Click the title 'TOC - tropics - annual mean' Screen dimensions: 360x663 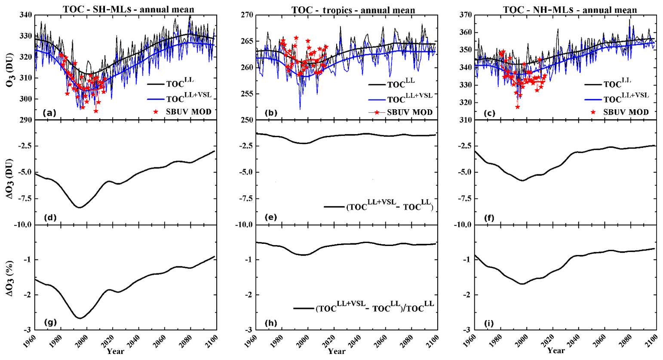[353, 10]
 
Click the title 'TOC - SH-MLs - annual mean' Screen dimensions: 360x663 [129, 9]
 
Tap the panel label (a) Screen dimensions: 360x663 [49, 113]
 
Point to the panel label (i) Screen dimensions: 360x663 [489, 323]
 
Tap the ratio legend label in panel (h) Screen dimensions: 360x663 [374, 308]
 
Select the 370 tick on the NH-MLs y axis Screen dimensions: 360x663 [466, 15]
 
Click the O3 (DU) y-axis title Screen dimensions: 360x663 [9, 67]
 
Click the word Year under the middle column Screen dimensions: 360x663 [337, 352]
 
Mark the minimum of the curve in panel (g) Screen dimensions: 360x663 [80, 318]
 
